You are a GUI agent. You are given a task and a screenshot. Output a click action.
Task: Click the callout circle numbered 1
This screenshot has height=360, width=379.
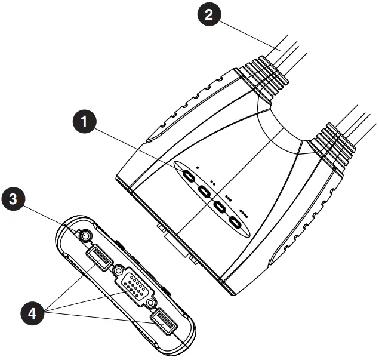pyautogui.click(x=87, y=122)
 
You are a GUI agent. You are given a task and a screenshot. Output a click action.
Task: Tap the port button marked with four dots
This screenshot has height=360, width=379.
pyautogui.click(x=237, y=224)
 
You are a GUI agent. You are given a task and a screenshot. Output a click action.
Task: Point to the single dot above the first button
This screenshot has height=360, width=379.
pyautogui.click(x=198, y=168)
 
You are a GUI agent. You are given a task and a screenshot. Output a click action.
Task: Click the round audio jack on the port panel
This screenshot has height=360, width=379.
pyautogui.click(x=87, y=236)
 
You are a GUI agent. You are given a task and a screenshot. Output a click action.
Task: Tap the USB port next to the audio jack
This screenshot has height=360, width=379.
pyautogui.click(x=97, y=257)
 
